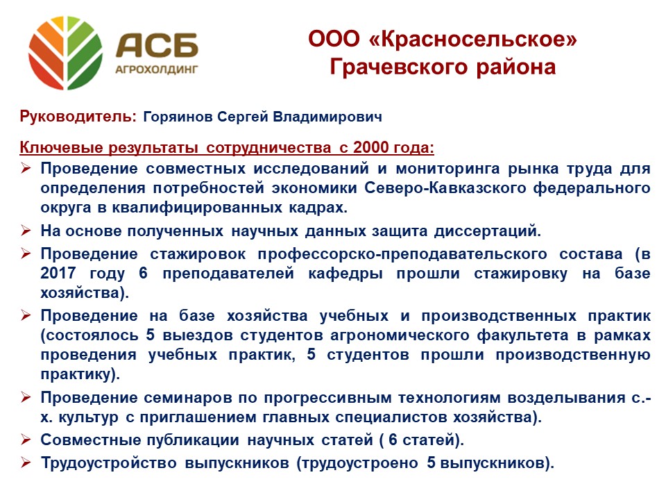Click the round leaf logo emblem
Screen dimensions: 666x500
click(x=65, y=53)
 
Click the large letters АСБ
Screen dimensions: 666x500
click(x=157, y=45)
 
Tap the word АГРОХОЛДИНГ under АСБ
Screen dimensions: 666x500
click(x=157, y=69)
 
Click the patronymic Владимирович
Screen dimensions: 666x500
click(x=327, y=117)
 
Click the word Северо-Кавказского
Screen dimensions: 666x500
click(x=445, y=188)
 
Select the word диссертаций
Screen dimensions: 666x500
click(x=488, y=231)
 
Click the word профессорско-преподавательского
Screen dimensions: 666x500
click(x=402, y=254)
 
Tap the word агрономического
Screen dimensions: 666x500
click(x=400, y=335)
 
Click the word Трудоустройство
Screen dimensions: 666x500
click(x=109, y=463)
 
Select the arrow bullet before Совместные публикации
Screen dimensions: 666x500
click(x=26, y=439)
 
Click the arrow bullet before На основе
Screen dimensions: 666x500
click(x=26, y=231)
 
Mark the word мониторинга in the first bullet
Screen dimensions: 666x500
click(x=448, y=169)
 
